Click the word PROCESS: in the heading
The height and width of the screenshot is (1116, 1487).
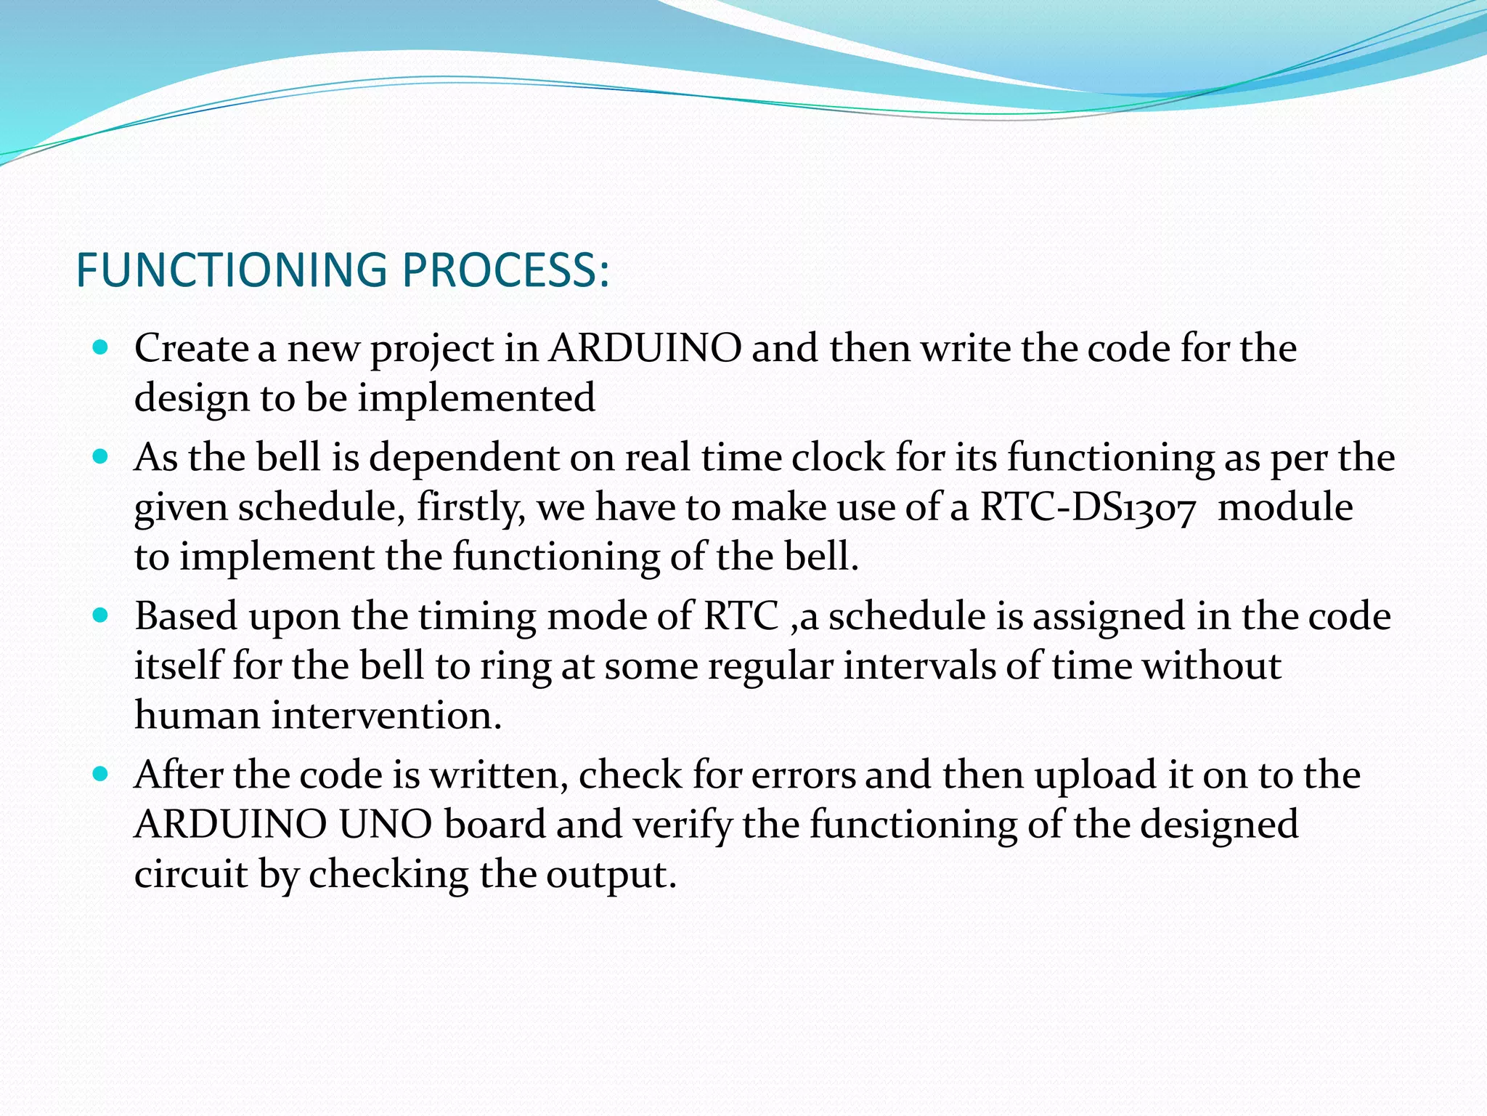tap(505, 270)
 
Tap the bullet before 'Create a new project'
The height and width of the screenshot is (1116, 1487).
tap(101, 348)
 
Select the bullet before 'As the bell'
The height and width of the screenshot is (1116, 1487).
tap(101, 457)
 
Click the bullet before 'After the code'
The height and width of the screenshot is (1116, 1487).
tap(101, 775)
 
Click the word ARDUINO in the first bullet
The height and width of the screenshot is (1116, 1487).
tap(645, 348)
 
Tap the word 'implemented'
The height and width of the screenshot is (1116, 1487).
tap(476, 398)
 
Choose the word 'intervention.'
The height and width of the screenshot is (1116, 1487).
tap(386, 716)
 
